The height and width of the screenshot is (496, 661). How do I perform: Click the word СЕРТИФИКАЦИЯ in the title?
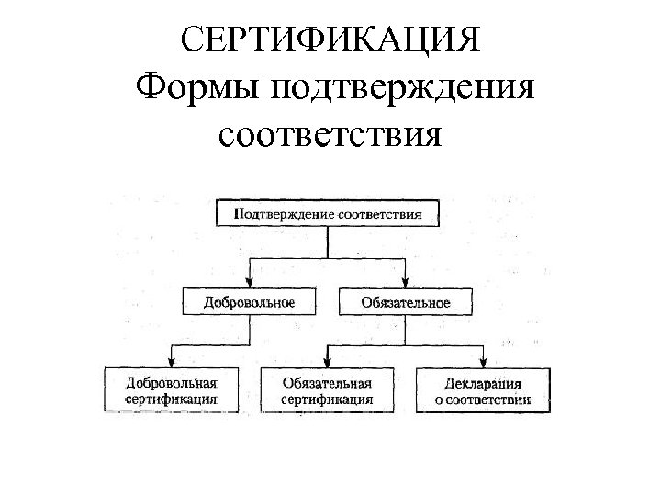pyautogui.click(x=330, y=39)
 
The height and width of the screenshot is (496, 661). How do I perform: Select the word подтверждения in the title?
pyautogui.click(x=401, y=89)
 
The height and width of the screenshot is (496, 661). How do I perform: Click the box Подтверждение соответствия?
pyautogui.click(x=328, y=213)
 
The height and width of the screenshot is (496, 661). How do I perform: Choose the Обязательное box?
pyautogui.click(x=406, y=301)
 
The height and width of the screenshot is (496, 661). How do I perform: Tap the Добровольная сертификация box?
pyautogui.click(x=172, y=389)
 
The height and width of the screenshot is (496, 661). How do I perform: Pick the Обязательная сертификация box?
pyautogui.click(x=328, y=389)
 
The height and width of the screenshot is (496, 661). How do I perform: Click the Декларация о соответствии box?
pyautogui.click(x=483, y=389)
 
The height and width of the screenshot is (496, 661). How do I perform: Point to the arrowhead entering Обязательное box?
pyautogui.click(x=406, y=284)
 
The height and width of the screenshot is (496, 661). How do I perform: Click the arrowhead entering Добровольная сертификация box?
pyautogui.click(x=172, y=363)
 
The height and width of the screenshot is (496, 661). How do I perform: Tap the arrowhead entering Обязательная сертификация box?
pyautogui.click(x=328, y=363)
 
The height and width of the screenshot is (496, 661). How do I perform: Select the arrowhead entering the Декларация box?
pyautogui.click(x=483, y=363)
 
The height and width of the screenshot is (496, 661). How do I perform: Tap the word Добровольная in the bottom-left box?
pyautogui.click(x=172, y=382)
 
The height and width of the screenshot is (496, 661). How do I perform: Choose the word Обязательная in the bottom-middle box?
pyautogui.click(x=328, y=382)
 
